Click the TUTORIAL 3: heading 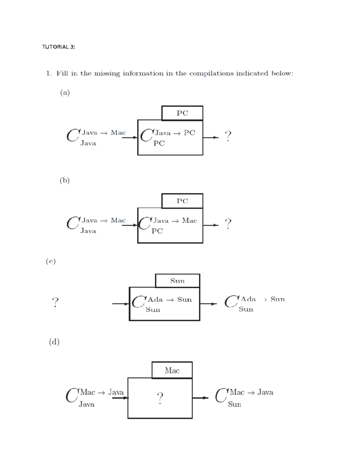(58, 47)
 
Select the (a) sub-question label (65, 93)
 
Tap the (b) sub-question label (64, 180)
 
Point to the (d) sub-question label (54, 342)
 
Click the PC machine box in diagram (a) (182, 113)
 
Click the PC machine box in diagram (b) (182, 201)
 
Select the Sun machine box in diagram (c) (177, 281)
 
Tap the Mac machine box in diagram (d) (172, 370)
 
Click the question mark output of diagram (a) (228, 136)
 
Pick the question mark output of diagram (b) (228, 224)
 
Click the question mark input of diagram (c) (55, 302)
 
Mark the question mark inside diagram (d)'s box (160, 398)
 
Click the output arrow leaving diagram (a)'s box (211, 137)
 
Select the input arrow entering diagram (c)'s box (120, 304)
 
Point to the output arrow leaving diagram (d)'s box (200, 398)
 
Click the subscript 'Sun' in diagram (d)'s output (235, 404)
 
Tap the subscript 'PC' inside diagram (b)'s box (157, 231)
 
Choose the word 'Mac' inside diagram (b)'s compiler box (189, 221)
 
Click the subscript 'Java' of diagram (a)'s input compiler (88, 143)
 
